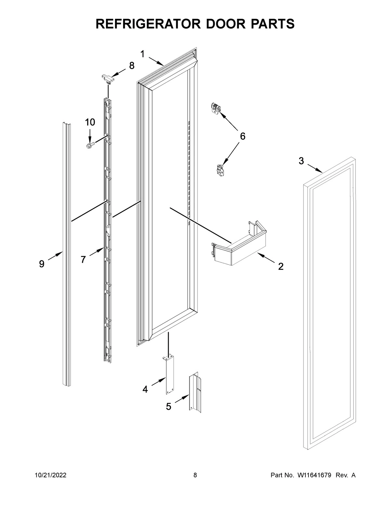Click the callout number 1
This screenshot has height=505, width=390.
(142, 54)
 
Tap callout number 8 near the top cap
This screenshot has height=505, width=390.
(132, 66)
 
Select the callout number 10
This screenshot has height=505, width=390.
(90, 122)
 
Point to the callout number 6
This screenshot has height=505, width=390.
(242, 136)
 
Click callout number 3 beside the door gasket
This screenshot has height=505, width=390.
(301, 161)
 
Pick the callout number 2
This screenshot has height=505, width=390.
(281, 267)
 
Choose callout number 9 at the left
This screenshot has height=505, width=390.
(42, 264)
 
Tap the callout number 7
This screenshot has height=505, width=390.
(83, 259)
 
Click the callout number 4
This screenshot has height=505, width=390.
(145, 389)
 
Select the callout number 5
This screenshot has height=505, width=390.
(168, 406)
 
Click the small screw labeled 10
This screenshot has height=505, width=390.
(90, 145)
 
